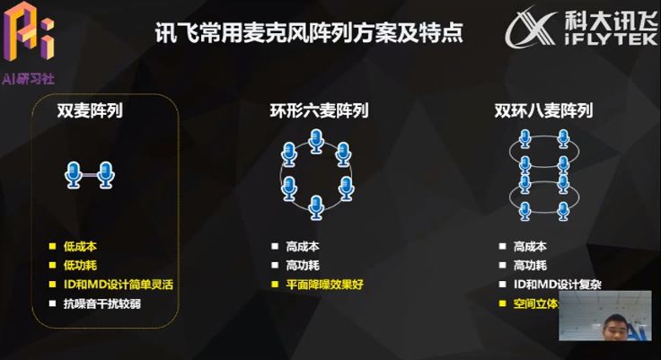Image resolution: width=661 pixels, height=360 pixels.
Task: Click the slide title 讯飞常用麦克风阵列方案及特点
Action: pyautogui.click(x=309, y=34)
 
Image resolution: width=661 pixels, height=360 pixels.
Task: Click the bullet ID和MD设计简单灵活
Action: pyautogui.click(x=117, y=284)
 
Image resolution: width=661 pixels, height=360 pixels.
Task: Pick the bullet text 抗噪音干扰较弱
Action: pyautogui.click(x=101, y=303)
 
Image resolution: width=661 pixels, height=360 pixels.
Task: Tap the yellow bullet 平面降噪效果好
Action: pyautogui.click(x=325, y=284)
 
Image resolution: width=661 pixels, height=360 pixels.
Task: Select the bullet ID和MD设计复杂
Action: pyautogui.click(x=557, y=284)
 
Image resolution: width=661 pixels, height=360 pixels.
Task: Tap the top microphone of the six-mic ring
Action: pyautogui.click(x=316, y=141)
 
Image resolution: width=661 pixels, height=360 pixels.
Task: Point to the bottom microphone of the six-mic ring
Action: pyautogui.click(x=316, y=206)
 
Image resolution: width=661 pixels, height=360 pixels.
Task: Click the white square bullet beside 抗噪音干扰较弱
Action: pyautogui.click(x=52, y=303)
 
